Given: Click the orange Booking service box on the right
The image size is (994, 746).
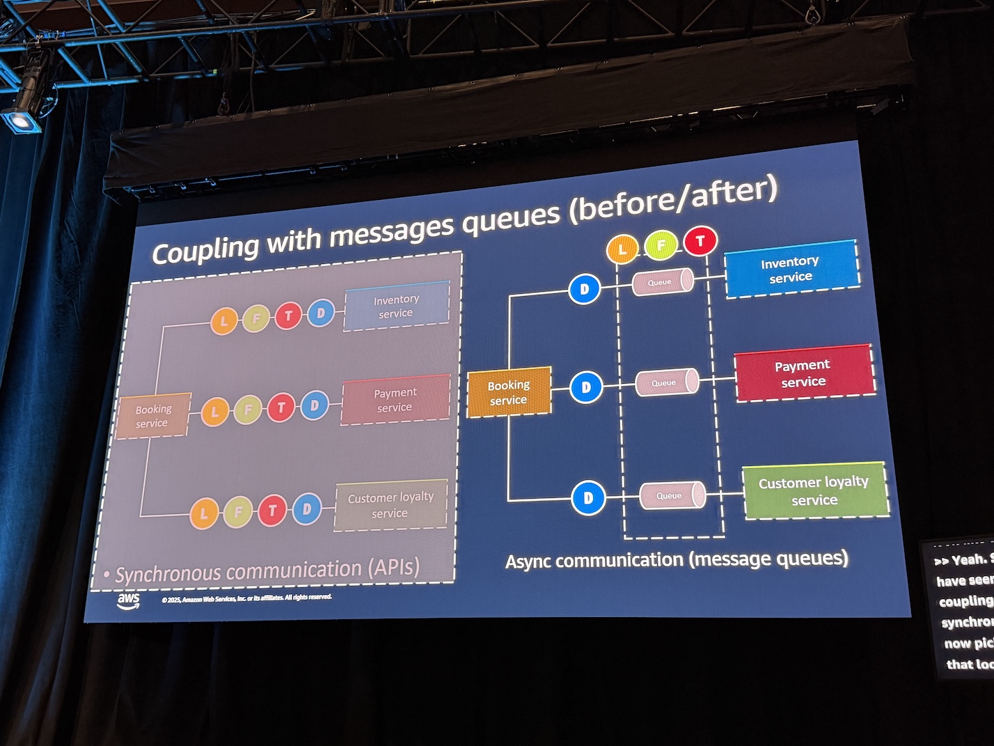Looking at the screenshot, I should (509, 392).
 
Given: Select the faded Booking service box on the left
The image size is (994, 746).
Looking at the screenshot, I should (152, 416).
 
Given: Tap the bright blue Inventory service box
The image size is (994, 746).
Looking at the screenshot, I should (791, 269).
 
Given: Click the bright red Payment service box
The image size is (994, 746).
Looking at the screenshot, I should (804, 373).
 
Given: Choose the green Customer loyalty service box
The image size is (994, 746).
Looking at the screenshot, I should (814, 490).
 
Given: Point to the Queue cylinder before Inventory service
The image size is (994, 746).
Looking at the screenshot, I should (662, 281).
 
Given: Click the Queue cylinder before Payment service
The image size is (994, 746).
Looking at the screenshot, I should (666, 382).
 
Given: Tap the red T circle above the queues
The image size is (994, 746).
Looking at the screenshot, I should (700, 241).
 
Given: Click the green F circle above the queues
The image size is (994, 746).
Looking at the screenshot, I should (661, 244).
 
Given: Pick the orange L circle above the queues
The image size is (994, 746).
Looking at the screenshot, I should (622, 249).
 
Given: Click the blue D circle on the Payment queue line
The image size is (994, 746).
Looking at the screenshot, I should (586, 387).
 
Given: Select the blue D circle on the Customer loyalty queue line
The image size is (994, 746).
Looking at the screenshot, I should (588, 497).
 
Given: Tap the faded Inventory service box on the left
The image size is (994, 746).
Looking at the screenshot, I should (396, 306).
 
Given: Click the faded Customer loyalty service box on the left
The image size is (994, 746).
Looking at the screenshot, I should (390, 505).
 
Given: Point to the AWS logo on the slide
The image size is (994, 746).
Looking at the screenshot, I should (129, 600).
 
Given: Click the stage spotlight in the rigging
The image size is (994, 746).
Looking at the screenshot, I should (22, 120).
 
